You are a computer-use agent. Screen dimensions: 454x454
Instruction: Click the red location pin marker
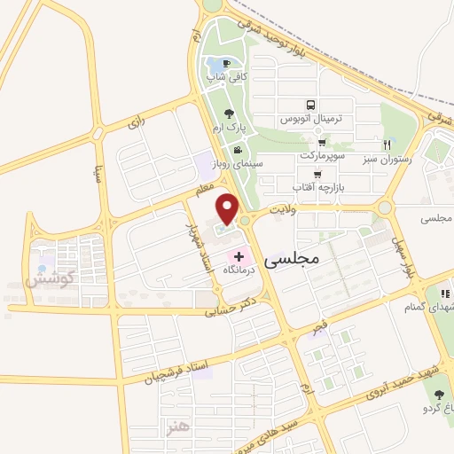coord(228,207)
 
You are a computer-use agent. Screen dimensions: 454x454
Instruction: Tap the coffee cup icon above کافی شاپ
coord(225,64)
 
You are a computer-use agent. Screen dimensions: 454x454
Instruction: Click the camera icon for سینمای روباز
coord(237,148)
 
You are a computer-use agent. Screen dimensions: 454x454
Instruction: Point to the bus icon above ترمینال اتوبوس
coord(309,104)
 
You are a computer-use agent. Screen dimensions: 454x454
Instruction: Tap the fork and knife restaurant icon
coord(387,145)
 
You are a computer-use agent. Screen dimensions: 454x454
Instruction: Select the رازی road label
coord(135,125)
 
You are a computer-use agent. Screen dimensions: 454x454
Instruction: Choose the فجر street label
coord(318,328)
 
